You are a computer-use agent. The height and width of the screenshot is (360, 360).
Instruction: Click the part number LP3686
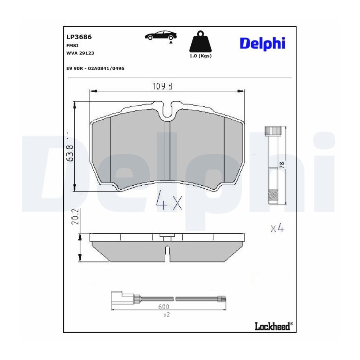point(79,37)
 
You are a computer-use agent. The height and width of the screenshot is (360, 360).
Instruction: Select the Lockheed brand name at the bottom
point(272,326)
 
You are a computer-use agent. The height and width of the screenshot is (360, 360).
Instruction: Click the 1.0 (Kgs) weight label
point(200,56)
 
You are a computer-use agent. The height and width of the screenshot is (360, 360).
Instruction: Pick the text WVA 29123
point(80,53)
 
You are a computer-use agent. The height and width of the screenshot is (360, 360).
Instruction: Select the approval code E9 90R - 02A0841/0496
point(95,68)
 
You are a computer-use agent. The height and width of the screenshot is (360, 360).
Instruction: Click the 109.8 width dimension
point(162,86)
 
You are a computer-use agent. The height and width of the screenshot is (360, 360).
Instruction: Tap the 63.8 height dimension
point(70,153)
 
